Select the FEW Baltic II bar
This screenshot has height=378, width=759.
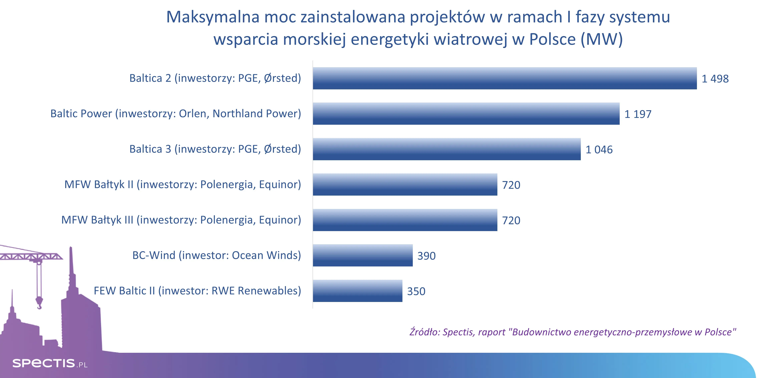[357, 291]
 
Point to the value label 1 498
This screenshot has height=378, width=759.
[715, 79]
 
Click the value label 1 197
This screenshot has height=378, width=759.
[638, 114]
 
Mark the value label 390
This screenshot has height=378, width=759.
[426, 256]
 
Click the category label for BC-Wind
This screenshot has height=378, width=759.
[217, 255]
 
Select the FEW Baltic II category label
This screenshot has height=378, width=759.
[197, 291]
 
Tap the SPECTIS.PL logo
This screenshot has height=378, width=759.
[50, 363]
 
